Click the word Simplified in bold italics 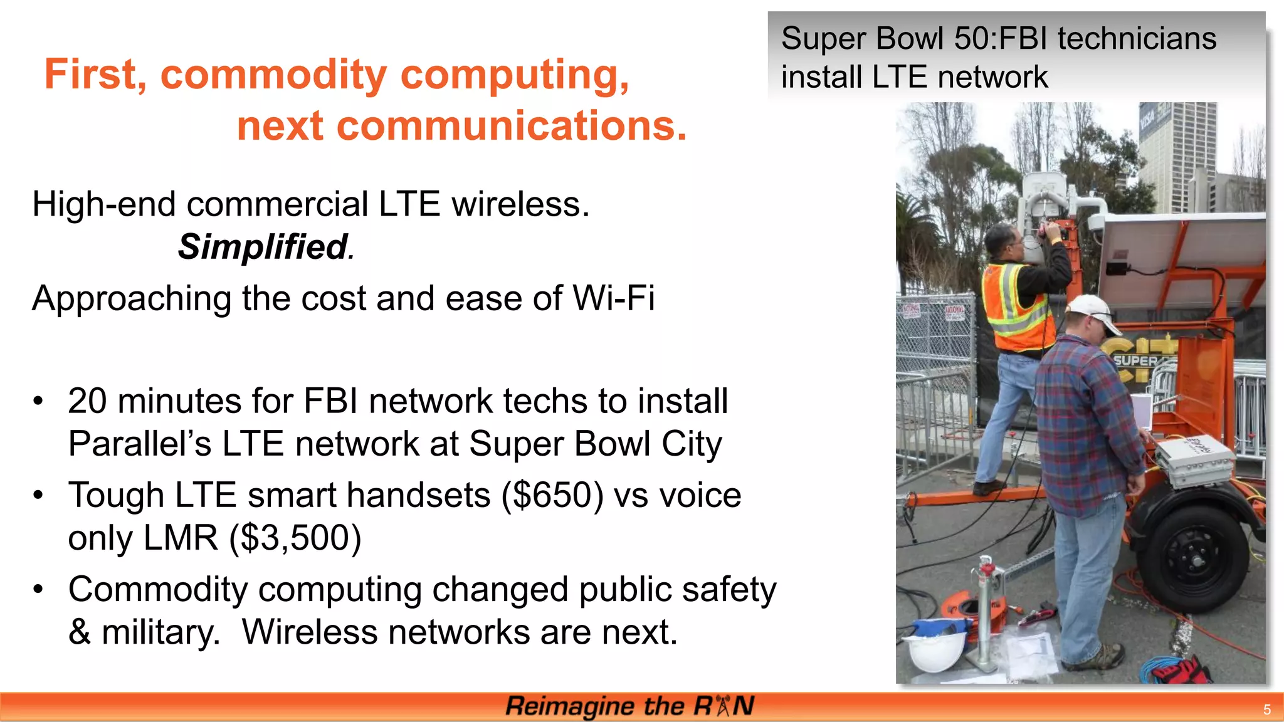pyautogui.click(x=263, y=246)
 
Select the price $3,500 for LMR pyautogui.click(x=295, y=538)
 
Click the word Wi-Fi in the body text pyautogui.click(x=614, y=298)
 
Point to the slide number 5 pyautogui.click(x=1266, y=709)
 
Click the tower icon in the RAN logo pyautogui.click(x=723, y=706)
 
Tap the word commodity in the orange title pyautogui.click(x=273, y=75)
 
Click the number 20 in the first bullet pyautogui.click(x=87, y=401)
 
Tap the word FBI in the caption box pyautogui.click(x=1022, y=39)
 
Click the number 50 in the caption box pyautogui.click(x=973, y=39)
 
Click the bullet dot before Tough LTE pyautogui.click(x=39, y=495)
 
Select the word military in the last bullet pyautogui.click(x=160, y=632)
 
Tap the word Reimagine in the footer pyautogui.click(x=569, y=706)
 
